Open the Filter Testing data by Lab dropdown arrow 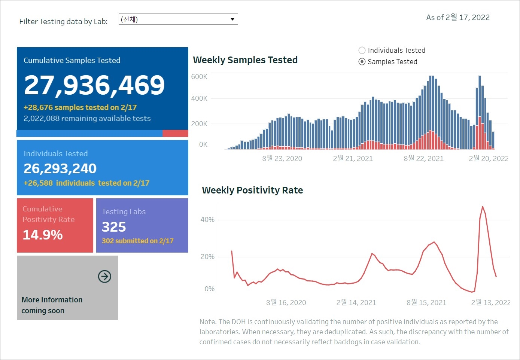click(232, 19)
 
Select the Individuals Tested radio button click(362, 51)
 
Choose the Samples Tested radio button click(362, 62)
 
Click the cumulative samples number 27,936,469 click(94, 85)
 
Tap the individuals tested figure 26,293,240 click(60, 169)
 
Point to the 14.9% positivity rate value click(43, 235)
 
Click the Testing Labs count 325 click(114, 227)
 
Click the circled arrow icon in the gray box click(104, 277)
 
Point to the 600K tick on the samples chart click(199, 77)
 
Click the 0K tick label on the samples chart click(203, 144)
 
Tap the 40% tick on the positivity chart click(207, 220)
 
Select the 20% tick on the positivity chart click(207, 257)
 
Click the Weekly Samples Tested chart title click(245, 60)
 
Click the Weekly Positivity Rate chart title click(252, 190)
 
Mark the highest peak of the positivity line click(483, 207)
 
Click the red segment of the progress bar click(175, 134)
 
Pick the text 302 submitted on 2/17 click(137, 241)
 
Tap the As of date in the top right click(458, 18)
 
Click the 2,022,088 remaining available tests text click(87, 119)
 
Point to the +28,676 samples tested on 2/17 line click(80, 108)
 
